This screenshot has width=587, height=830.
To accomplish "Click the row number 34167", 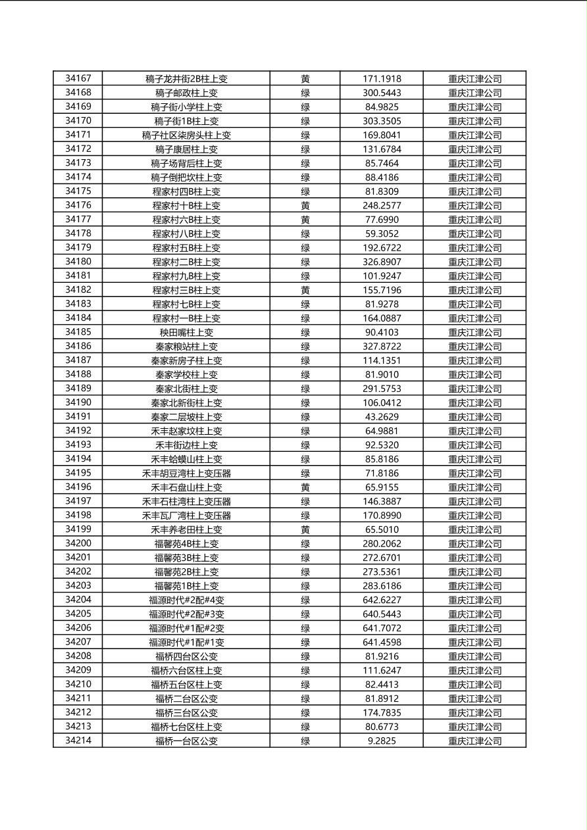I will [78, 79].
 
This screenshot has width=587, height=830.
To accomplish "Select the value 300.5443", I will [382, 93].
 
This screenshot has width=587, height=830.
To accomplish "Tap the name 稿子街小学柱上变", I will [186, 107].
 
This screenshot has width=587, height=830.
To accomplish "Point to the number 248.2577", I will [382, 206].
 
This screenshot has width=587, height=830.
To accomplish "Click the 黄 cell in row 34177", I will [305, 220].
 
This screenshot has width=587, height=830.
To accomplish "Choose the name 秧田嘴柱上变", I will [186, 333].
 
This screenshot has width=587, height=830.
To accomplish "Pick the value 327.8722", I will [382, 347].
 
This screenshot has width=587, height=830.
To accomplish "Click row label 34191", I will [78, 417].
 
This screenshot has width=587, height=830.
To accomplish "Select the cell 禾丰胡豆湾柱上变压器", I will [186, 474].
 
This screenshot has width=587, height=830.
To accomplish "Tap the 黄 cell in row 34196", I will [305, 487].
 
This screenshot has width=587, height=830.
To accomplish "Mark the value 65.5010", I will [382, 529].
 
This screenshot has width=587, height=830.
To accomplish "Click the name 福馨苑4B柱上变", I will [186, 544].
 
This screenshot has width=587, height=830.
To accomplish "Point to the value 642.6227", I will [382, 600].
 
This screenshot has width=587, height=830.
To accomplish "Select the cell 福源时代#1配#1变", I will [186, 643].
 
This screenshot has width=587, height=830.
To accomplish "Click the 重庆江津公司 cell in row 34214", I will [474, 741].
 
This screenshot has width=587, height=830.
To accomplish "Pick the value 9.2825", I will [382, 741].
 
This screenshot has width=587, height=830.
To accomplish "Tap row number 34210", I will [78, 685].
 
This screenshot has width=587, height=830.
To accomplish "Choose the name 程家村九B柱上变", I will [186, 276].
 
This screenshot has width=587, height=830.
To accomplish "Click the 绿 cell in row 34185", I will [305, 333].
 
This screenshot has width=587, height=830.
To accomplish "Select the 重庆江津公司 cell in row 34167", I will [474, 79].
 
